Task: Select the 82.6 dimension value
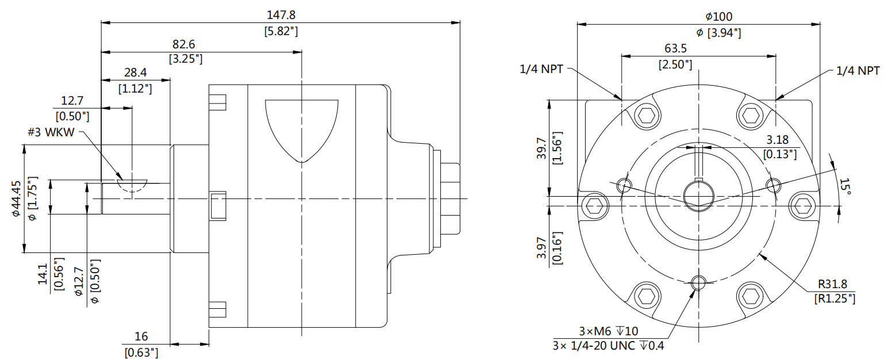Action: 185,44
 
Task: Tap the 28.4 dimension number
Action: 135,72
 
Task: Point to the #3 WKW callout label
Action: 51,132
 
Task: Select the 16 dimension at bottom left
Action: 141,337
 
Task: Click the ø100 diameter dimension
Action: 718,17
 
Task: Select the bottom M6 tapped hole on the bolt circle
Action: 698,282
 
